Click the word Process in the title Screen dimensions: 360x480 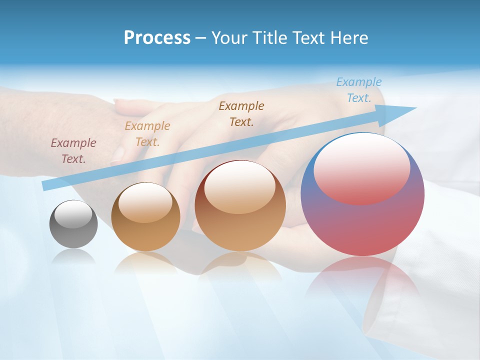[x=157, y=38]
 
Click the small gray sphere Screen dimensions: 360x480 [x=73, y=224]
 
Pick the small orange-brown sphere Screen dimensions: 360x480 [x=145, y=217]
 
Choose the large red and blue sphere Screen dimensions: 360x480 [x=362, y=194]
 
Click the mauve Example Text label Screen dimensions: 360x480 [x=73, y=151]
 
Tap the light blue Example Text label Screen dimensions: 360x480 [x=359, y=90]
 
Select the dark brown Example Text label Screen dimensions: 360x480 [x=241, y=113]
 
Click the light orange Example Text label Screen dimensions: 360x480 [x=147, y=134]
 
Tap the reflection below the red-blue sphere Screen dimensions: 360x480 [x=362, y=280]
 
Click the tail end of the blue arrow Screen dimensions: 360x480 [x=46, y=185]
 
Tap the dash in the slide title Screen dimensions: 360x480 [x=200, y=38]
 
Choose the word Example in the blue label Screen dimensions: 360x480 [x=359, y=82]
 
